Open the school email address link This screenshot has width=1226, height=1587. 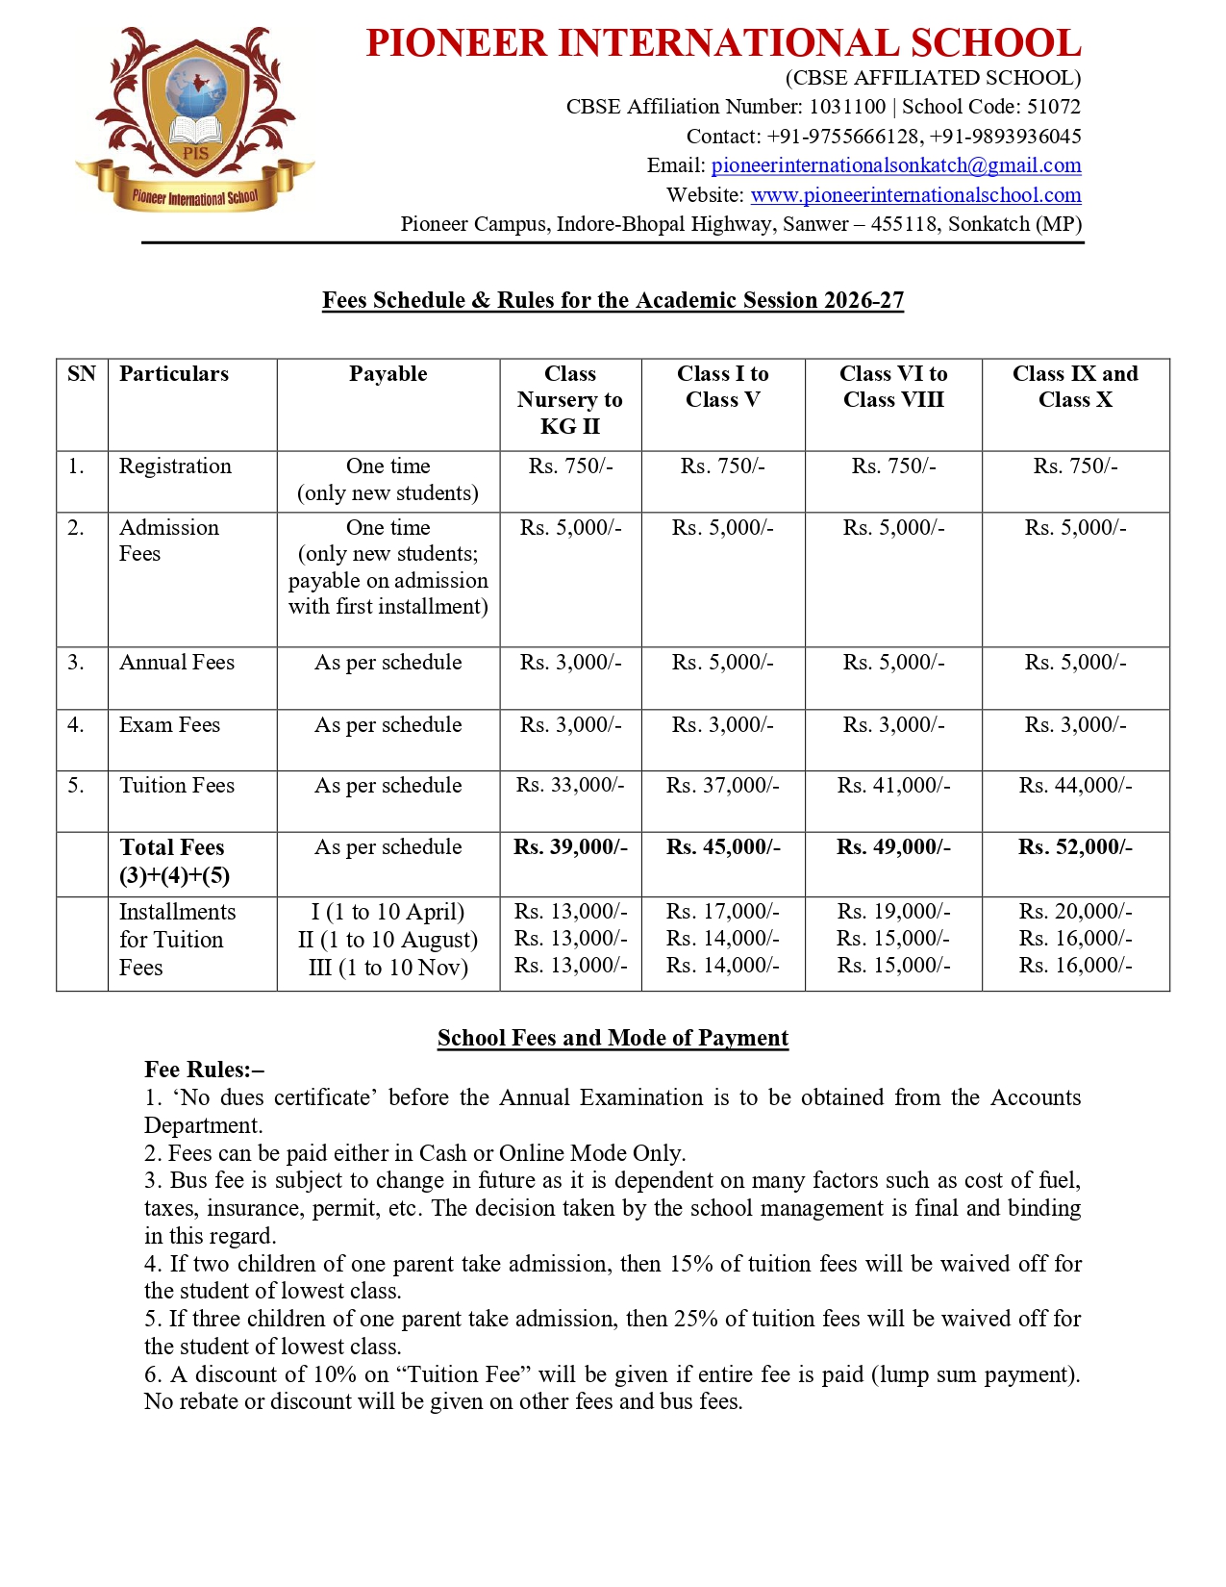895,165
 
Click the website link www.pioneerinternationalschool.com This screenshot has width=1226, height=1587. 915,195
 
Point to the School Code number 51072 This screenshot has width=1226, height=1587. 1054,107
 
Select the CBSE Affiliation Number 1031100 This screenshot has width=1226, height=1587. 847,107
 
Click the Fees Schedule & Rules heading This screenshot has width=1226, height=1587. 613,300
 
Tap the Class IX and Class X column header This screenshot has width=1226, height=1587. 1075,387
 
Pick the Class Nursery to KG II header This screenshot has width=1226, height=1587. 570,399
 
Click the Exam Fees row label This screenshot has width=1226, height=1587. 169,725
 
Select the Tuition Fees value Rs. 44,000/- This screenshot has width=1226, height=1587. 1075,786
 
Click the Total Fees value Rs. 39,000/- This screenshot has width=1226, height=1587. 570,847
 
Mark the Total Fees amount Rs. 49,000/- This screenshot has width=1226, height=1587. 893,847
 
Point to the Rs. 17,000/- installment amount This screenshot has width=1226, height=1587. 723,911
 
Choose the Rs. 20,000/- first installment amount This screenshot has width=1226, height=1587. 1075,911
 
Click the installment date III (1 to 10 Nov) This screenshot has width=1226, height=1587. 388,968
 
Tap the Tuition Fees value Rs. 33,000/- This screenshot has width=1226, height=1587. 570,786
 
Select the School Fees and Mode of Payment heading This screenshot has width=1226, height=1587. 613,1038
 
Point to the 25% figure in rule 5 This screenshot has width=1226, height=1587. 696,1319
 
